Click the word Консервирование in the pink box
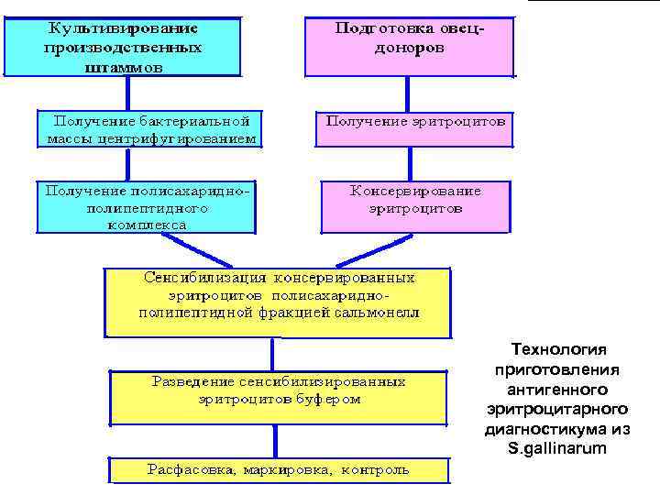(x=416, y=192)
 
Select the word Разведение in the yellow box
(x=194, y=380)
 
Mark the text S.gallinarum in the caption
(x=557, y=448)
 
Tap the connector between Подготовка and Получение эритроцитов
(x=409, y=94)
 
